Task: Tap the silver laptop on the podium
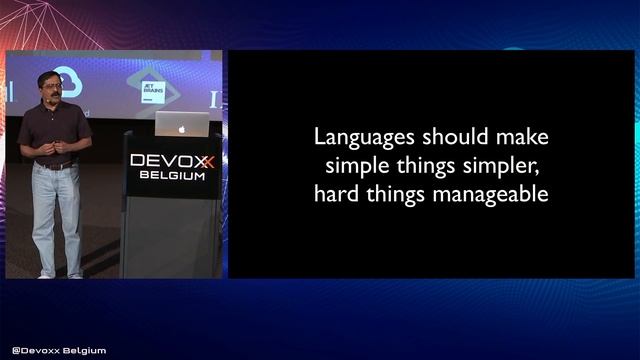click(x=183, y=125)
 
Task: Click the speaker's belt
click(x=56, y=165)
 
